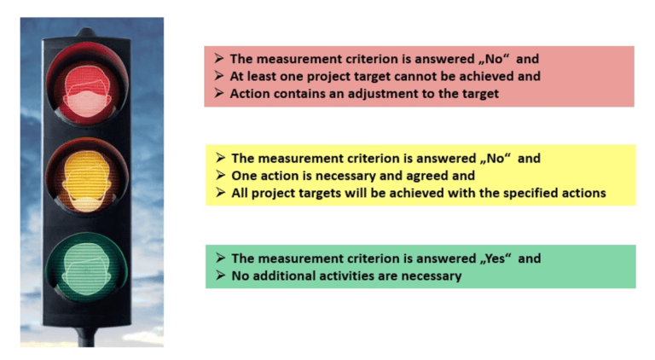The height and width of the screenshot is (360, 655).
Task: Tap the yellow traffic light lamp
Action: (87, 176)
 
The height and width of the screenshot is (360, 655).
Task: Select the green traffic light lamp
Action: (87, 264)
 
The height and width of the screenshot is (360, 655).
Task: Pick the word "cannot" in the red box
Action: (411, 77)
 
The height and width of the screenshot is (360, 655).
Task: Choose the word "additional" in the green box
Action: (284, 276)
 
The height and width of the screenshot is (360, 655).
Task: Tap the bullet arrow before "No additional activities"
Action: (220, 276)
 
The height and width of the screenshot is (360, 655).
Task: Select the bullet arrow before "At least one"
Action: (219, 77)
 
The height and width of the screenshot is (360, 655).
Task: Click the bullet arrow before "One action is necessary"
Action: (220, 176)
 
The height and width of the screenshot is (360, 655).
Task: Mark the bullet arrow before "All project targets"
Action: (220, 193)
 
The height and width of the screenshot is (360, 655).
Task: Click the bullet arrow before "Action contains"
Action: (219, 94)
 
